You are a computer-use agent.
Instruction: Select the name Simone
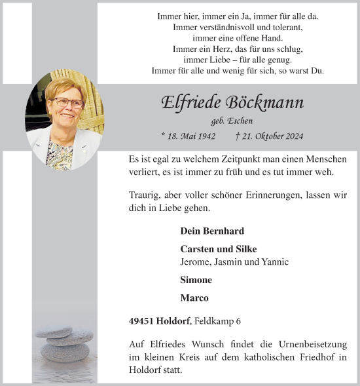coord(196,280)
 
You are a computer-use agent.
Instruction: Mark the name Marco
coord(194,298)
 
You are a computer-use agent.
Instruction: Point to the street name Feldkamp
coord(215,321)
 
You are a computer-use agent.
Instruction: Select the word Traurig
coord(145,195)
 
